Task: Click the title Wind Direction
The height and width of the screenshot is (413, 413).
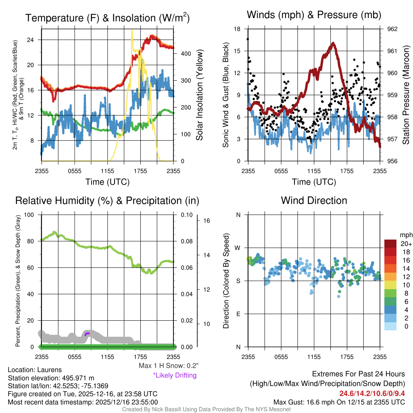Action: tap(314, 200)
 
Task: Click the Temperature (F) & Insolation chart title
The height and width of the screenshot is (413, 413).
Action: tap(107, 18)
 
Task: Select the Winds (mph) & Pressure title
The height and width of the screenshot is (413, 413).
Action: tap(314, 15)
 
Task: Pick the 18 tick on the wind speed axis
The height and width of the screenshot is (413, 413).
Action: tap(237, 29)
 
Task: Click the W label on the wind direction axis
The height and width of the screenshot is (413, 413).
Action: tap(238, 248)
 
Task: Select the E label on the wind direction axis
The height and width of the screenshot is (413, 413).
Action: tap(238, 314)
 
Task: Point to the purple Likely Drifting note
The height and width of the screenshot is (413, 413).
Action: tap(175, 375)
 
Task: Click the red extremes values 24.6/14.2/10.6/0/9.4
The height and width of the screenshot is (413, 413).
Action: tap(372, 394)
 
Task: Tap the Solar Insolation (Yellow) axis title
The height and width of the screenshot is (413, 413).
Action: tap(199, 95)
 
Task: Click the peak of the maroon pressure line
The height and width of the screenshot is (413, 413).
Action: tap(333, 43)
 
